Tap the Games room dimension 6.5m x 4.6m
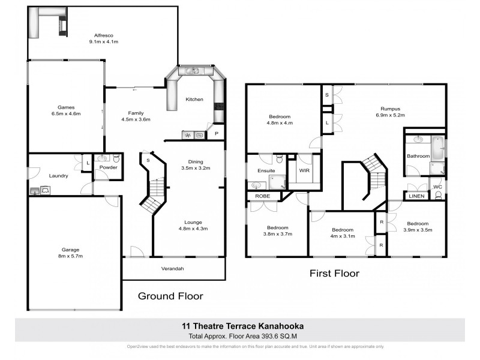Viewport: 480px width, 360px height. pos(65,113)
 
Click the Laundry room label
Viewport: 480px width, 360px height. pos(58,176)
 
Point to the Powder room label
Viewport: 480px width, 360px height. pos(109,167)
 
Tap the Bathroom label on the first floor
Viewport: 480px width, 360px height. pos(418,156)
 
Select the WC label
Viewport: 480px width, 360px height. pos(437,187)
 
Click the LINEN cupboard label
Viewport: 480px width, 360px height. pos(416,196)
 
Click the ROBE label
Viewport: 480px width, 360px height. pos(262,196)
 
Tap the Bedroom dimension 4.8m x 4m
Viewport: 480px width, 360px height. pos(280,123)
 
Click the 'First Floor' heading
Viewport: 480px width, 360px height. pos(334,274)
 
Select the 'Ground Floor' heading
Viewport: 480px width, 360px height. pos(171,296)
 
